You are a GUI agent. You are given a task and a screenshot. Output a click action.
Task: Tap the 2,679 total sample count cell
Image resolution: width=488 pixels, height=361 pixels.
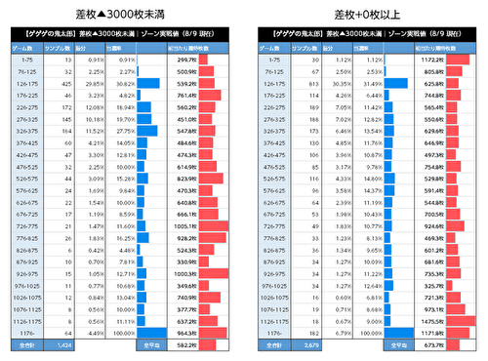[310, 344]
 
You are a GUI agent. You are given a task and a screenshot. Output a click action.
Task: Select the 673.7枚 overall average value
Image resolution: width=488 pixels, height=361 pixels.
[433, 344]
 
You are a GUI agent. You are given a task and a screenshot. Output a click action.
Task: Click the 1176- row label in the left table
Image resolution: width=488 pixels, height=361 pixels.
[25, 332]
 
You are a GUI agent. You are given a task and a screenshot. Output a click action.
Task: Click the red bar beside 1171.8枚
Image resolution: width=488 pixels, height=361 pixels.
[458, 332]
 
